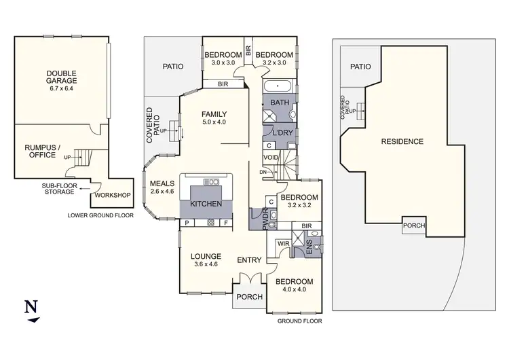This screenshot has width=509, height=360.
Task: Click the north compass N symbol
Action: (x=31, y=306)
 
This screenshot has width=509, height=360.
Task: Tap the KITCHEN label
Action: (x=207, y=204)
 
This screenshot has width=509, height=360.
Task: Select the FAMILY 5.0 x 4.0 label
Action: (x=214, y=118)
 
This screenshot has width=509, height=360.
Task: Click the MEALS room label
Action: (x=162, y=187)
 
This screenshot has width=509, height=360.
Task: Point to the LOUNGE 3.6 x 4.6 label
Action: (x=206, y=259)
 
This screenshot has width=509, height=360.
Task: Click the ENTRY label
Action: (x=249, y=260)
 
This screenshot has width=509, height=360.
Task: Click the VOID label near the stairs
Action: (x=270, y=158)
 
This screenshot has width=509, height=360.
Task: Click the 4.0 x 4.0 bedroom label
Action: (x=295, y=285)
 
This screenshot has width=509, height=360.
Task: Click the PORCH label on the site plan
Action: (x=414, y=226)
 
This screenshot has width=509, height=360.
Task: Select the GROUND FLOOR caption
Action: (x=299, y=320)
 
